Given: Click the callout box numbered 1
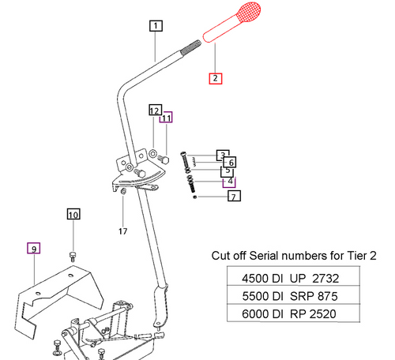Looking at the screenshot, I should [156, 25].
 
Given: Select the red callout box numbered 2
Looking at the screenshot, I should [216, 78].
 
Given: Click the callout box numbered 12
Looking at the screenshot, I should [155, 109].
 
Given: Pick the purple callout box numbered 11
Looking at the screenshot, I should [166, 118].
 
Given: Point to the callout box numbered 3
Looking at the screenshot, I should [224, 155].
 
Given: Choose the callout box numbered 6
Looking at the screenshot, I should [231, 162].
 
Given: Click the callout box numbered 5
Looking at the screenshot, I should [227, 171].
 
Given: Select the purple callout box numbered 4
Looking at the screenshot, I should [230, 181].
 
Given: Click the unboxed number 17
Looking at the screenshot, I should [123, 231].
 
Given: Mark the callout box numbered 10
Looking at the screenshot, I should [73, 214].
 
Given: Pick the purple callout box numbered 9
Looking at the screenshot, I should [34, 248].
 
